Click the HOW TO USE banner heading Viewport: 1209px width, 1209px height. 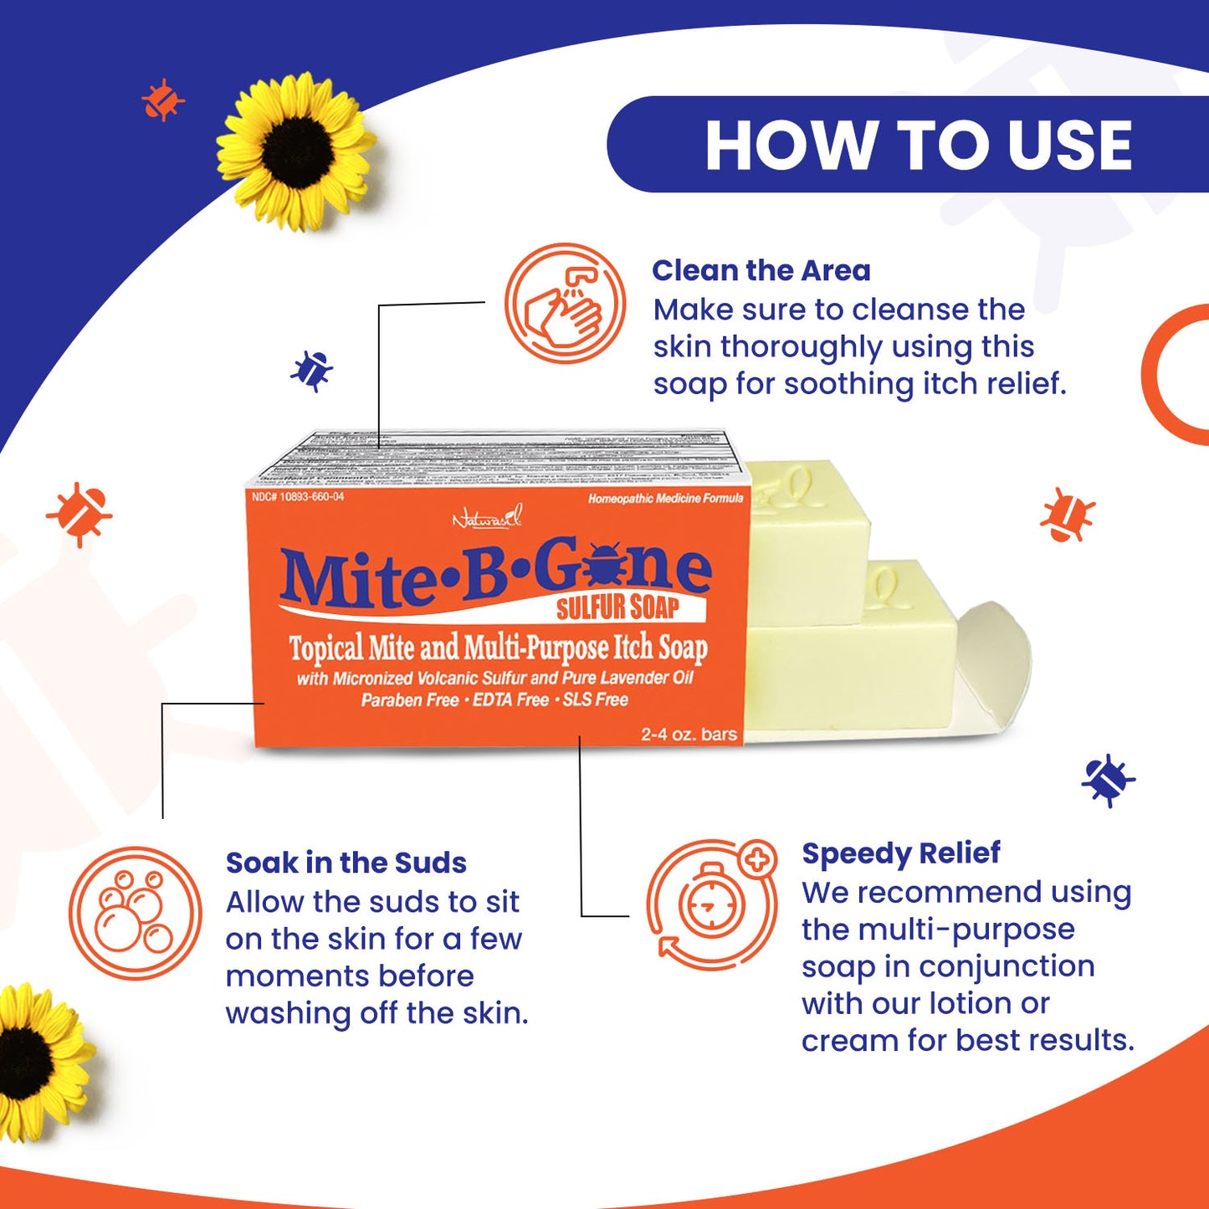[918, 146]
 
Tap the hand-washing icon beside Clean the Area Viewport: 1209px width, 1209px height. [565, 303]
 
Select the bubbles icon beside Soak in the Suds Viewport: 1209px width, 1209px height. [135, 913]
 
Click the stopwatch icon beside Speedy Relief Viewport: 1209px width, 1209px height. [711, 905]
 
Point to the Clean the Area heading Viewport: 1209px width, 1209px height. [761, 270]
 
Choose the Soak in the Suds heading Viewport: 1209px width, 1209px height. [346, 863]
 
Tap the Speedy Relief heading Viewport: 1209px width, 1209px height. [900, 853]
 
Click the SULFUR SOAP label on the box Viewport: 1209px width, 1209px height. [617, 607]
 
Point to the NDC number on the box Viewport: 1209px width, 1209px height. [298, 497]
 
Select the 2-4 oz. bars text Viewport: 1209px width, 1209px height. [689, 734]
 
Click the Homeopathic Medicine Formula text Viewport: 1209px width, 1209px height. [665, 499]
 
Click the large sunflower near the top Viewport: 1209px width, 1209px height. [295, 151]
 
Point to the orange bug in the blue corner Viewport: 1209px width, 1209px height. [162, 100]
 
